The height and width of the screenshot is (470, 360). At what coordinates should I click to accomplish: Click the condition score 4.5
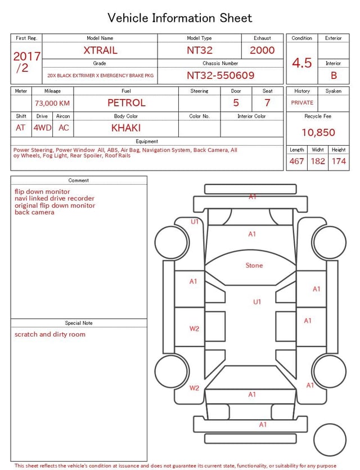(302, 63)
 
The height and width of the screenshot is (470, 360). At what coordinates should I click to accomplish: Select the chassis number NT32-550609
(220, 75)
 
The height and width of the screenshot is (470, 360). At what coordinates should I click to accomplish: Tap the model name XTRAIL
(100, 50)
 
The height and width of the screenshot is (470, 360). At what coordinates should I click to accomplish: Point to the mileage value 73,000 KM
(52, 103)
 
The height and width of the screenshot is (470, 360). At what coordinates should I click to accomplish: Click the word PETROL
(127, 103)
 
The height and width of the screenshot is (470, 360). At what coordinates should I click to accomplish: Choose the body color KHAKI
(126, 128)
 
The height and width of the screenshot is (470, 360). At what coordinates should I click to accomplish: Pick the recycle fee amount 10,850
(318, 132)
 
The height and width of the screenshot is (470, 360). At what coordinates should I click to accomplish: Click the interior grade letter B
(334, 75)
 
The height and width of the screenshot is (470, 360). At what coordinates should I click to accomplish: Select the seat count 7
(267, 103)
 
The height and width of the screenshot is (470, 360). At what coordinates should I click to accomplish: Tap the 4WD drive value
(42, 128)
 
